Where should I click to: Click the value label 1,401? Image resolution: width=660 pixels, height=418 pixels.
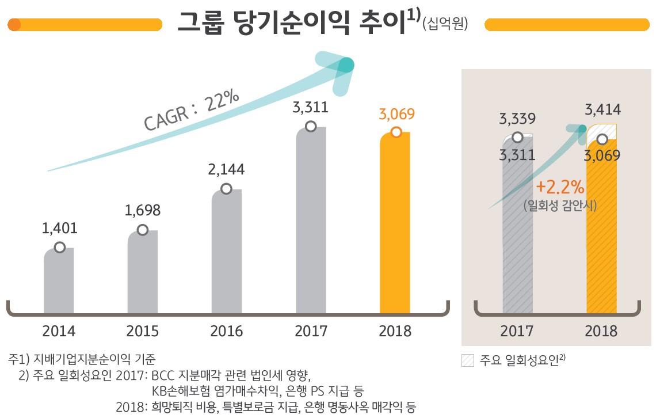[59, 229]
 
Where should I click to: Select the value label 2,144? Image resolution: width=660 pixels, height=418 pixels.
[227, 169]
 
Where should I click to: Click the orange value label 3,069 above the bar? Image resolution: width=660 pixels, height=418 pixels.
[396, 114]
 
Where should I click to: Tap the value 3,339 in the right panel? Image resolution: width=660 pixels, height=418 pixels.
[518, 119]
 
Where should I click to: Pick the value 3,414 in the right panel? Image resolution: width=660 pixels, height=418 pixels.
[602, 109]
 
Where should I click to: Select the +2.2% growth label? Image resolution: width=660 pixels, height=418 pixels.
[559, 188]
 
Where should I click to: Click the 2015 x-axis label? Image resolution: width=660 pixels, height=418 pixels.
[143, 332]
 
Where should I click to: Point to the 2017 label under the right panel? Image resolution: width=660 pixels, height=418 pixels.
[517, 332]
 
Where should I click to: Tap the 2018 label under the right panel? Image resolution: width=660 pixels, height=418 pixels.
[601, 332]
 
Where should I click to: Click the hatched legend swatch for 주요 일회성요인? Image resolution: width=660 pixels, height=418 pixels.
[468, 361]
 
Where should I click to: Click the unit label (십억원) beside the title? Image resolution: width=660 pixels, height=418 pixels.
[445, 25]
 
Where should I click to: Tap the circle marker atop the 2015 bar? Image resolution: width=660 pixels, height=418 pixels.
[143, 230]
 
